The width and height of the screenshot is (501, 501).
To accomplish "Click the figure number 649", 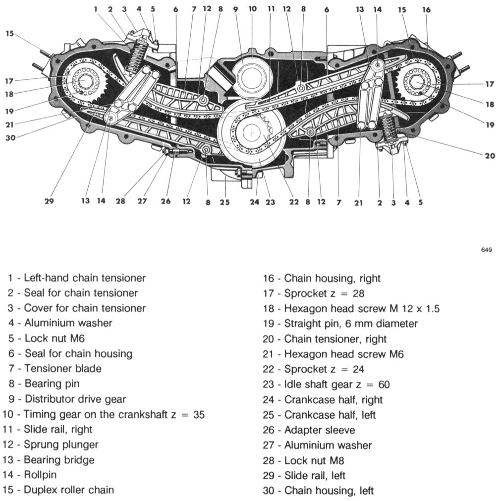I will [486, 250].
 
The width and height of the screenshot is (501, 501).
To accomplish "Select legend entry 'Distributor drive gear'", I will [75, 399].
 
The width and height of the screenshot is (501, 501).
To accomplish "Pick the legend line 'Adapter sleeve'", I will [319, 430].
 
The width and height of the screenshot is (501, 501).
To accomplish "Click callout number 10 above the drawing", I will [253, 8].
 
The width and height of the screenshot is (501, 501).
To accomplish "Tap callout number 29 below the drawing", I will [49, 201].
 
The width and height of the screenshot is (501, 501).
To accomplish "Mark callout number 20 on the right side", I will [490, 156].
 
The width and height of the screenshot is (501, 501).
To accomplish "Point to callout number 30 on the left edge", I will [10, 138].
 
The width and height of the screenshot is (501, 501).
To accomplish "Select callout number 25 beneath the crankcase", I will [225, 202].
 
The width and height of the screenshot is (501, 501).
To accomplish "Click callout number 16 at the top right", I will [426, 9].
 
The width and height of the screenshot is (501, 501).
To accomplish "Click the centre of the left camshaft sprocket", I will [82, 80].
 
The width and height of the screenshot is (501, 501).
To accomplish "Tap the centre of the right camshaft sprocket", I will [418, 80].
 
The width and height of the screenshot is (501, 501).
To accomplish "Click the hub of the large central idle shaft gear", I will [253, 132].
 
